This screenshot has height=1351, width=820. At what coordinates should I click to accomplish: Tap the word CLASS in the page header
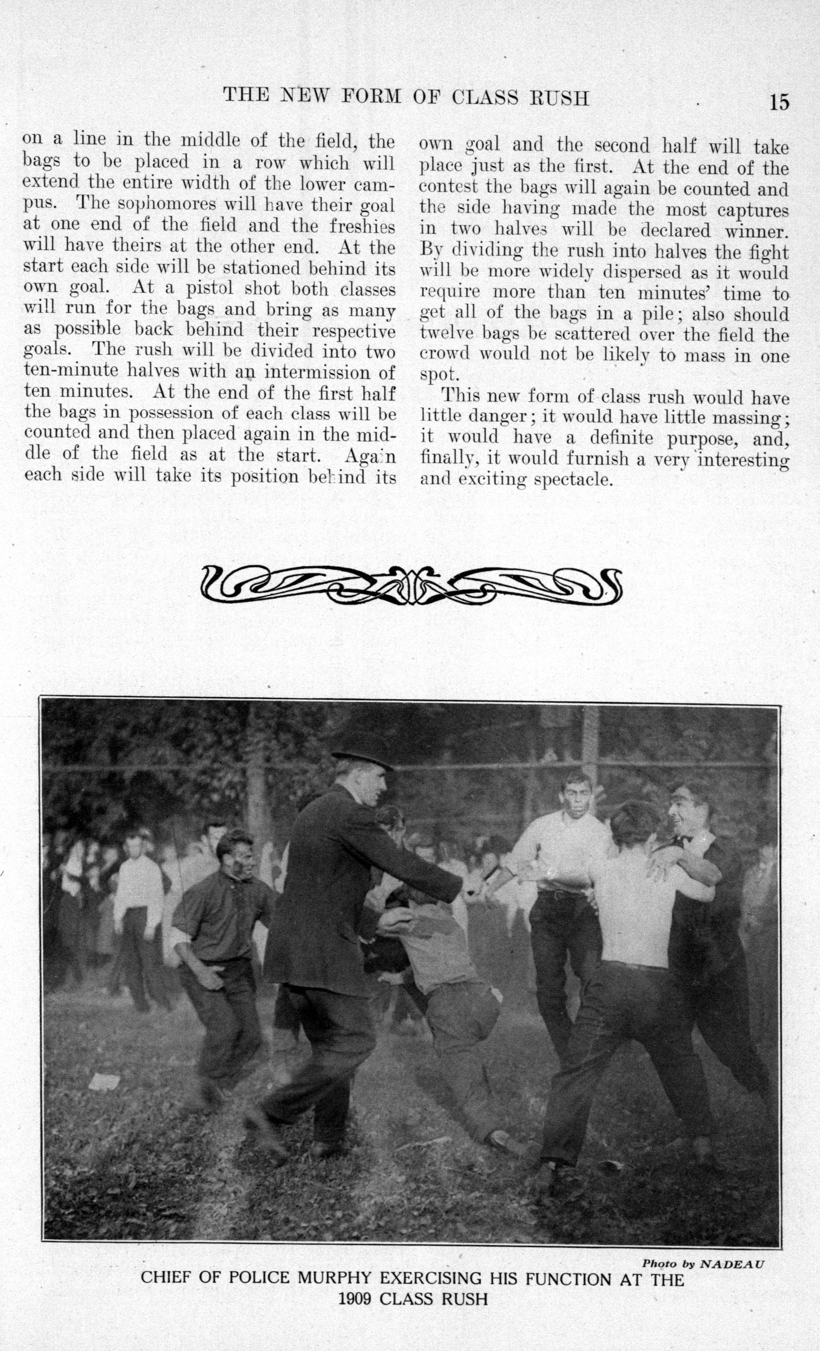[x=485, y=97]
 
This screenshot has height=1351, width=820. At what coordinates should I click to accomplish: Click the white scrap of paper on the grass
[x=104, y=1082]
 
